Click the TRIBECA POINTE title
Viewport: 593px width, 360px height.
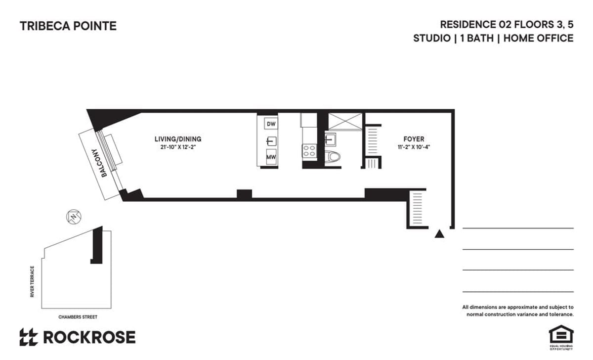click(68, 26)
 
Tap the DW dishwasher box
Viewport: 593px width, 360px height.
click(271, 124)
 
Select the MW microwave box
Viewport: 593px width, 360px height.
click(271, 157)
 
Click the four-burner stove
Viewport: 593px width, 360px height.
click(309, 151)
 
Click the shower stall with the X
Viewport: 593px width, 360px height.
click(344, 121)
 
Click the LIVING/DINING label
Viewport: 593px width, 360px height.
click(178, 139)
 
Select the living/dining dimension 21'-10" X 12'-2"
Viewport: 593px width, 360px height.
click(178, 147)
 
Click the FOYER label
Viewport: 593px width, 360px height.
click(414, 139)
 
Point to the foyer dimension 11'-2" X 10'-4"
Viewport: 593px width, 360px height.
click(414, 147)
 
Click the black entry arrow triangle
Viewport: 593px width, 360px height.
click(438, 234)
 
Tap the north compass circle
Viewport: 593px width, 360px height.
click(73, 217)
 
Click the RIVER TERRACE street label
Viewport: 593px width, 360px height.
click(33, 281)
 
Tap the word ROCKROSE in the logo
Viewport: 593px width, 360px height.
click(89, 337)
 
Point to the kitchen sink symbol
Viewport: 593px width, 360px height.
click(271, 141)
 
